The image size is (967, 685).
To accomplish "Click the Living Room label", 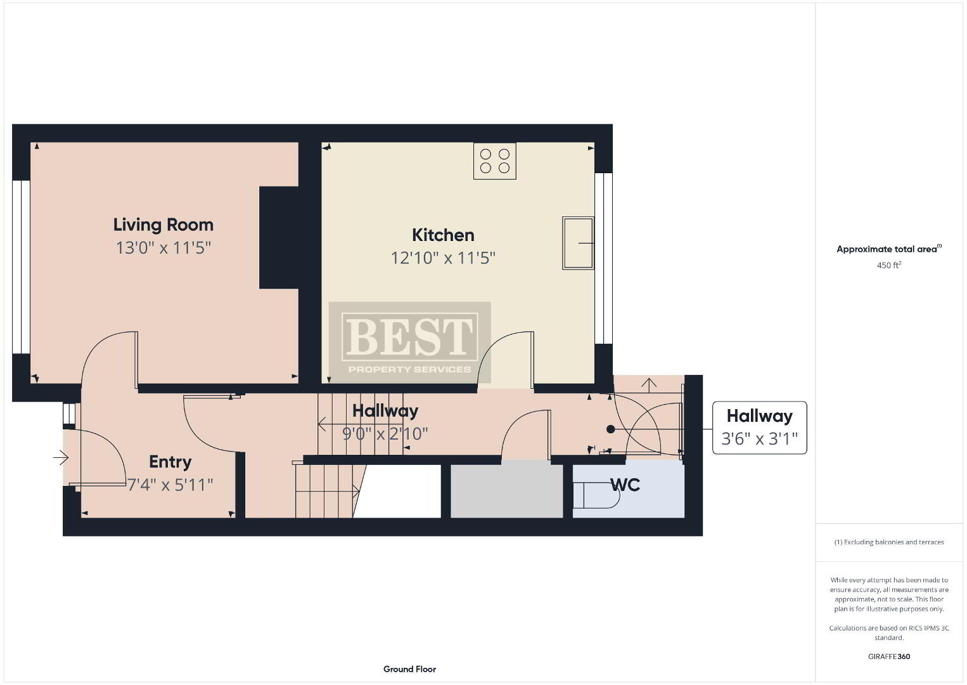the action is pos(163,225).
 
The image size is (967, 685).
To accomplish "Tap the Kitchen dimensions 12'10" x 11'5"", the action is pos(443,258).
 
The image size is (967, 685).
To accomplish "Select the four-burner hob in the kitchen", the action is pos(495,160).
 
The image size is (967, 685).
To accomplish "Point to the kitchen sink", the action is pos(578,244).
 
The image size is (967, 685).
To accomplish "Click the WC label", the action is pos(625,485).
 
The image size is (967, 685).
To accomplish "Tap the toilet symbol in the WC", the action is pos(596,495).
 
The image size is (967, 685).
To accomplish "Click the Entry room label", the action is pos(170,462).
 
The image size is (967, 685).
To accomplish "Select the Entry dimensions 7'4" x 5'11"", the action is pos(170,485).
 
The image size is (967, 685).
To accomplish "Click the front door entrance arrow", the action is pos(61,457).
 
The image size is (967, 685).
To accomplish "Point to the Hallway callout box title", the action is pos(759,415).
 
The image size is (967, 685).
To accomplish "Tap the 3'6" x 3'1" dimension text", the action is pos(759,439).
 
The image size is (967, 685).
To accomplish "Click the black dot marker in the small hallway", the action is pos(610,429).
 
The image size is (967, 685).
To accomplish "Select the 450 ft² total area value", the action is pos(889,265).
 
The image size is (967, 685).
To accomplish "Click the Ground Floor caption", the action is pos(410,669).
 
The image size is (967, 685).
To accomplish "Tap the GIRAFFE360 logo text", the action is pos(889,656).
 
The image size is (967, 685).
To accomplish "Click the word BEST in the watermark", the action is pos(410,336).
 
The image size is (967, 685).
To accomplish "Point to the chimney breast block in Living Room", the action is pos(279,237).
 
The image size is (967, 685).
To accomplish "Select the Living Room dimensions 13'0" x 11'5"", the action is pos(163,247).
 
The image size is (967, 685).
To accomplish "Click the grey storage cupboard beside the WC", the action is pos(507,489).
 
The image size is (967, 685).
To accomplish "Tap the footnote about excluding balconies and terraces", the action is pos(889,542).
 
